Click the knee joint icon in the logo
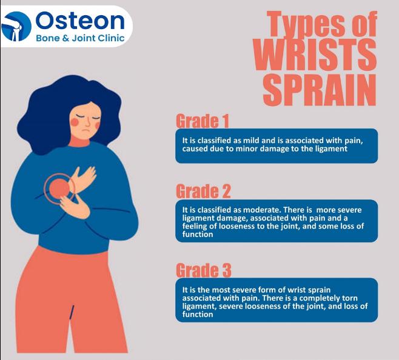tap(16, 26)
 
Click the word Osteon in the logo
tap(80, 21)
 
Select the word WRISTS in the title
tap(315, 55)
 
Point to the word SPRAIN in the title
tap(320, 90)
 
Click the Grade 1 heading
tap(203, 121)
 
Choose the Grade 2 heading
tap(203, 191)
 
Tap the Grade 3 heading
tap(204, 270)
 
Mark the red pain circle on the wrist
tap(59, 188)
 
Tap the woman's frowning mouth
tap(85, 130)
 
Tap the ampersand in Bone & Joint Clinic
tap(65, 38)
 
